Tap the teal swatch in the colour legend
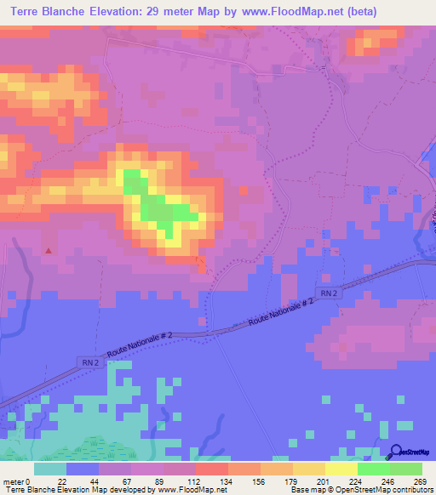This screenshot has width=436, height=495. pyautogui.click(x=50, y=469)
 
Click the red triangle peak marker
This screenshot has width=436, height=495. pyautogui.click(x=49, y=251)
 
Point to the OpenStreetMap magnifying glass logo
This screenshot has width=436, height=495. pyautogui.click(x=397, y=452)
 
